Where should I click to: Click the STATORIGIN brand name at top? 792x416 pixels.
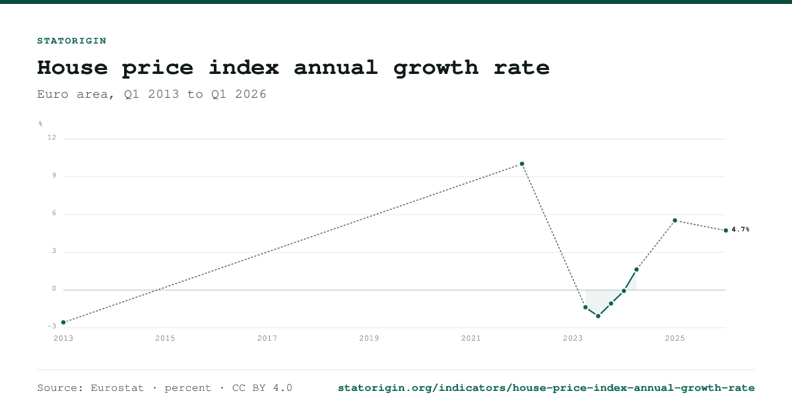tap(72, 41)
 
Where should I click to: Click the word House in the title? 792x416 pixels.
tap(73, 67)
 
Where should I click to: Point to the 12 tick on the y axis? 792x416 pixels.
tap(51, 137)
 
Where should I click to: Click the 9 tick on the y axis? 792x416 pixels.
tap(54, 176)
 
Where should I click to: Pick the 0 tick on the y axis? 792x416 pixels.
tap(54, 289)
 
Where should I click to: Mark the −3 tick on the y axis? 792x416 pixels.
tap(51, 326)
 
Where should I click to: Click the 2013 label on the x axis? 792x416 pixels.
tap(63, 339)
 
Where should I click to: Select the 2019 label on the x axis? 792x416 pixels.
tap(369, 339)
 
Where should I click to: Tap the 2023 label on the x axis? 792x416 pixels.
tap(573, 339)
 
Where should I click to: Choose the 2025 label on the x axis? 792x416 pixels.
tap(675, 339)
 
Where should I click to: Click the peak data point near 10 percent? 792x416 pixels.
tap(522, 164)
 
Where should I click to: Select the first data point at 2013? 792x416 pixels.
tap(63, 322)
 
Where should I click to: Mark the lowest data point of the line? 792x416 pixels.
tap(598, 316)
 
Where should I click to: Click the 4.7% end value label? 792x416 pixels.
tap(741, 230)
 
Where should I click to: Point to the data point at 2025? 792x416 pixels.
tap(675, 221)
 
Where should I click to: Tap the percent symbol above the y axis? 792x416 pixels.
tap(40, 124)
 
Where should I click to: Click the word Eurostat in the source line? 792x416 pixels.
tap(117, 388)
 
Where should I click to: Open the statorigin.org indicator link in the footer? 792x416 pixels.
tap(546, 388)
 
